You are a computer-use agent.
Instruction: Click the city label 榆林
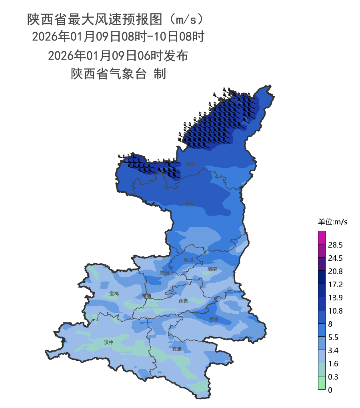(191, 164)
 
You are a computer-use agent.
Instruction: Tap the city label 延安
(190, 204)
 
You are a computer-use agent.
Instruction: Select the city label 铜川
(188, 260)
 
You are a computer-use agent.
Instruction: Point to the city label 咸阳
(164, 273)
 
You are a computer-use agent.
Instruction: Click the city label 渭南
(212, 269)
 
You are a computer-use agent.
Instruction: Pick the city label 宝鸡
(114, 293)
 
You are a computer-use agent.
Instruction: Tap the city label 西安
(183, 301)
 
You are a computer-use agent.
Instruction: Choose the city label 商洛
(214, 320)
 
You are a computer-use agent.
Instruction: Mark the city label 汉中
(109, 342)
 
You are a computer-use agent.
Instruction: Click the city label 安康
(177, 349)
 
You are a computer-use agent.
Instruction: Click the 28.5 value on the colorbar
(335, 245)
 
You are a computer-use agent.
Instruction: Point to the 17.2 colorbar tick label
(335, 284)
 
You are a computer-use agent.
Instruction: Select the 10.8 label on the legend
(335, 311)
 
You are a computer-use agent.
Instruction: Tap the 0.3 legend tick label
(333, 377)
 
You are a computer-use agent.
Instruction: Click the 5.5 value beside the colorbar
(333, 337)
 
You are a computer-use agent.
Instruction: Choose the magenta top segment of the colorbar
(322, 237)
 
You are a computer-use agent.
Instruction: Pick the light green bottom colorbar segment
(322, 383)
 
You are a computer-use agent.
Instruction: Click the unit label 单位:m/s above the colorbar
(332, 222)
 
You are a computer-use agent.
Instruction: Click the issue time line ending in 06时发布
(118, 56)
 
